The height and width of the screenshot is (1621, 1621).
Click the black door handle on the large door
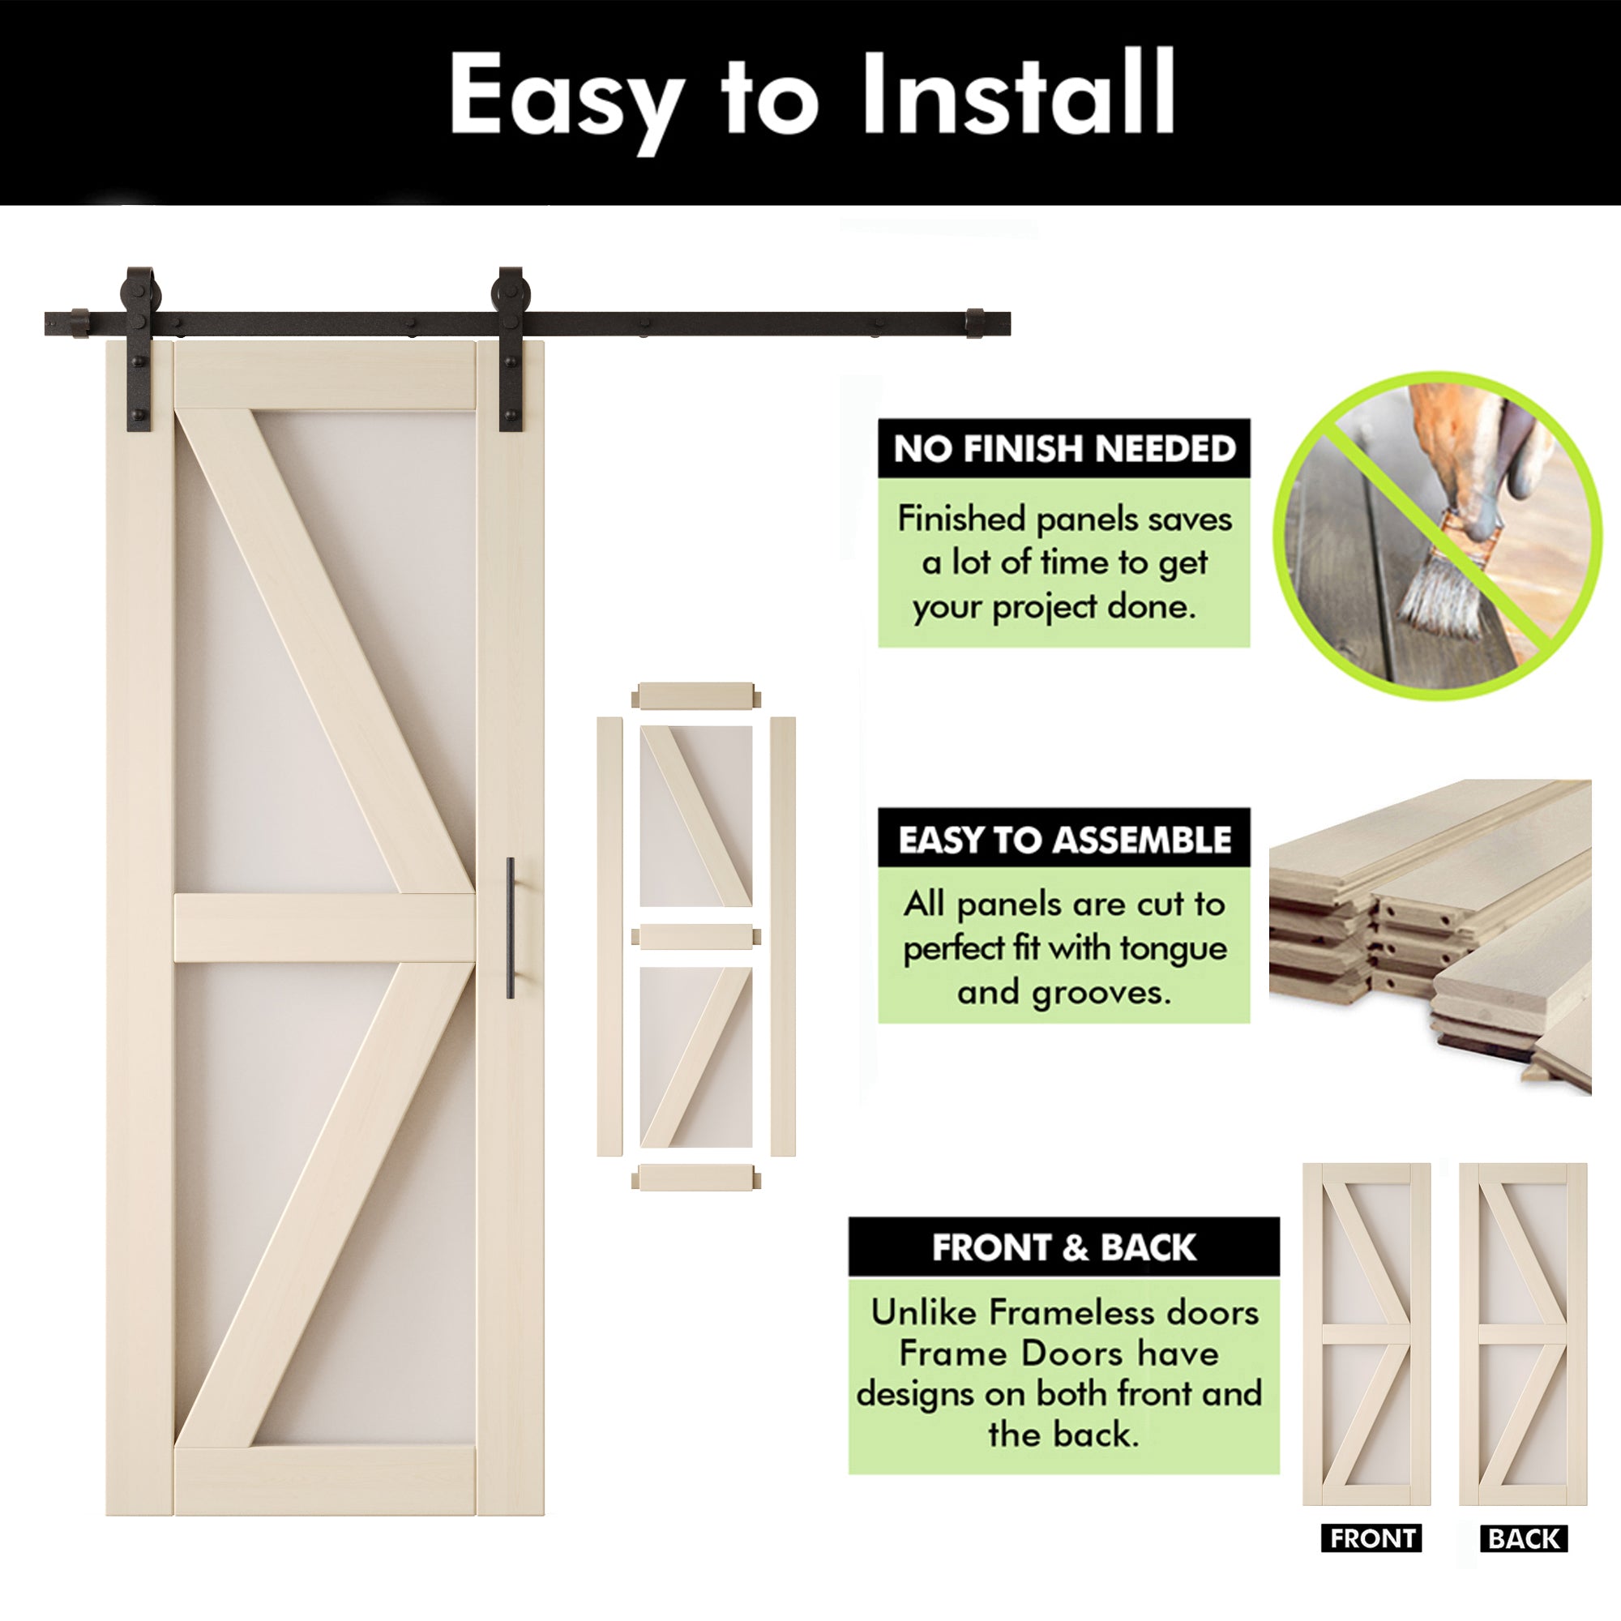point(510,928)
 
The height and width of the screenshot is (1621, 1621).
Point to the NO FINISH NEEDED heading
point(1064,449)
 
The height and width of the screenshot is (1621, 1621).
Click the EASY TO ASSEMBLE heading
point(1064,840)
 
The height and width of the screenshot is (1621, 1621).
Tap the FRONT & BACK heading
point(1063,1247)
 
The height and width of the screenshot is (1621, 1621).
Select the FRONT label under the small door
point(1372,1539)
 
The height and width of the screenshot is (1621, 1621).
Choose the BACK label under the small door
point(1523,1539)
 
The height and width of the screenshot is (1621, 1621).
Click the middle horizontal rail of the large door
point(325,928)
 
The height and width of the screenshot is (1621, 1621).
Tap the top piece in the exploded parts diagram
point(695,695)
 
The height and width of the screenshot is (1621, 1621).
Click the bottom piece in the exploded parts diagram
point(695,1177)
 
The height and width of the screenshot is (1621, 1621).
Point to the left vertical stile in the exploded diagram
point(609,936)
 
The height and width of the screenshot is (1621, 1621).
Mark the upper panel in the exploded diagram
point(695,815)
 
